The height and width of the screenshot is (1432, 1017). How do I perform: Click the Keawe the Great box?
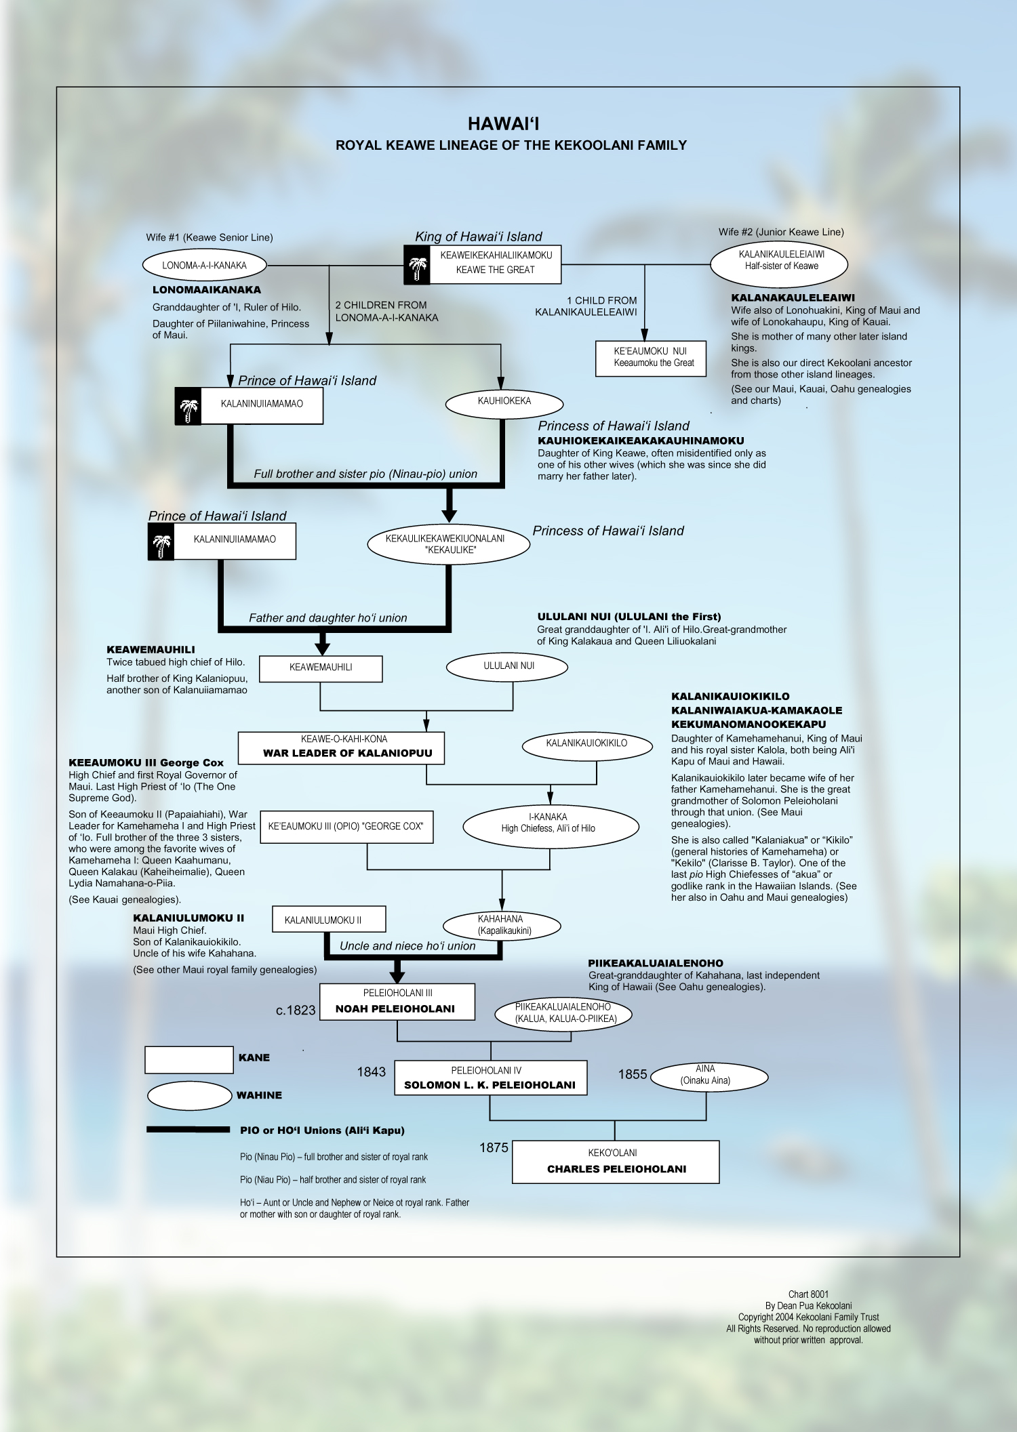(x=496, y=264)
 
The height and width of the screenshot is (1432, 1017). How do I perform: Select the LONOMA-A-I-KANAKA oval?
(x=204, y=265)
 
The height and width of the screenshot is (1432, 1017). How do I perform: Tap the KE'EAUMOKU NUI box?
(x=650, y=358)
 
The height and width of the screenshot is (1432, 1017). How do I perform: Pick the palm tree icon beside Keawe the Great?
(x=418, y=265)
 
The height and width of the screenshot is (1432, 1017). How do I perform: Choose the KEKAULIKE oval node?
(x=448, y=544)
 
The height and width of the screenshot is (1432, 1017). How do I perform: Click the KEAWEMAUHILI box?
(x=321, y=668)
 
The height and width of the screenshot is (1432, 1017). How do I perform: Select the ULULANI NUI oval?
(x=507, y=667)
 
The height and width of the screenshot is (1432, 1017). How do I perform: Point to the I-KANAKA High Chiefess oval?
(x=550, y=824)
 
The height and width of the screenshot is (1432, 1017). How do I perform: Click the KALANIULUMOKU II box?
(x=329, y=920)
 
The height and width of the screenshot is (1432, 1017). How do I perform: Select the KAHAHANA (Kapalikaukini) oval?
(x=502, y=926)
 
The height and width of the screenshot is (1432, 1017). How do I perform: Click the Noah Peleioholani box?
(x=397, y=1002)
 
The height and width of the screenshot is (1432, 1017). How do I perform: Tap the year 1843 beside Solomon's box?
(x=371, y=1072)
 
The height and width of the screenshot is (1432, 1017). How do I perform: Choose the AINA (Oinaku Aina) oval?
(x=709, y=1076)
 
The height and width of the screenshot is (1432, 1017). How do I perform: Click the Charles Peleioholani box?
(x=616, y=1162)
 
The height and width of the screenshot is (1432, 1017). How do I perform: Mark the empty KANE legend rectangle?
(x=188, y=1059)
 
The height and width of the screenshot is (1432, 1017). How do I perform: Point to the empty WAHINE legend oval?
(x=189, y=1096)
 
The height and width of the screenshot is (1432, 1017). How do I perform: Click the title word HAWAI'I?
(x=503, y=124)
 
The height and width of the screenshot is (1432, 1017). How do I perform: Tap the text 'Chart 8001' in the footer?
(x=808, y=1294)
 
